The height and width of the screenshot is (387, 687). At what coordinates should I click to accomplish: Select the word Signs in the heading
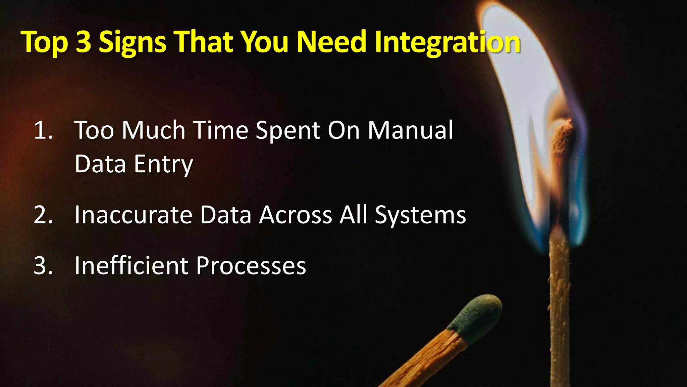(x=133, y=43)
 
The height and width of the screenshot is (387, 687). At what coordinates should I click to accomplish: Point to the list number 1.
(x=43, y=130)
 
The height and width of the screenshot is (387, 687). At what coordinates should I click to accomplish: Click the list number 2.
(x=43, y=215)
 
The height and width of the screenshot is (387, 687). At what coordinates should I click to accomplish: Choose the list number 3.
(x=43, y=266)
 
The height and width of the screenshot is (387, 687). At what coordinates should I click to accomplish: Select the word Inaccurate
(x=133, y=215)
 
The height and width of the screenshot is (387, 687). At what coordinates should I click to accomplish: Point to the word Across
(x=296, y=215)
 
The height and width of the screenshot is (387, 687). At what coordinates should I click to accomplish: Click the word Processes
(x=251, y=266)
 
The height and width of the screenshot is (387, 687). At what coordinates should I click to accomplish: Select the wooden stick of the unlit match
(x=426, y=359)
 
